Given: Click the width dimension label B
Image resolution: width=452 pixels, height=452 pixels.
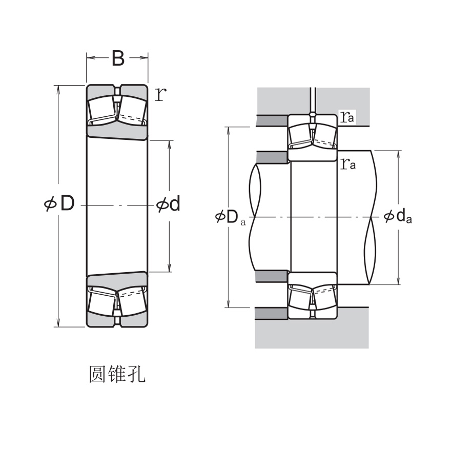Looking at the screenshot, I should click(x=118, y=58).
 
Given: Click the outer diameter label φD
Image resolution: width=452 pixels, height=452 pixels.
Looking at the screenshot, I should click(x=60, y=204).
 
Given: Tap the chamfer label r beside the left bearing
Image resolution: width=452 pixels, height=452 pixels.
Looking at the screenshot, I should click(x=160, y=94).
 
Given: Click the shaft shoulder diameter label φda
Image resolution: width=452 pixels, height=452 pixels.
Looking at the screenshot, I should click(x=398, y=217).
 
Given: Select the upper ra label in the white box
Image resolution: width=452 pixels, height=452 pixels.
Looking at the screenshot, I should click(x=347, y=117).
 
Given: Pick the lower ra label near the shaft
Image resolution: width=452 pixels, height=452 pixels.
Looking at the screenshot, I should click(x=348, y=163).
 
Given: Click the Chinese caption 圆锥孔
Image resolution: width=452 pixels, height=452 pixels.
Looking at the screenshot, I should click(x=117, y=375).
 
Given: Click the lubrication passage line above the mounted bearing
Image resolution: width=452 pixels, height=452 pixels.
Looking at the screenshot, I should click(x=312, y=100).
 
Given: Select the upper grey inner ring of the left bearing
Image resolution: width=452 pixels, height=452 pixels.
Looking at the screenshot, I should click(x=117, y=131).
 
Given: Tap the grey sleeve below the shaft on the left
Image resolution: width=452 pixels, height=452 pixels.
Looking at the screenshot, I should click(x=272, y=276).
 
